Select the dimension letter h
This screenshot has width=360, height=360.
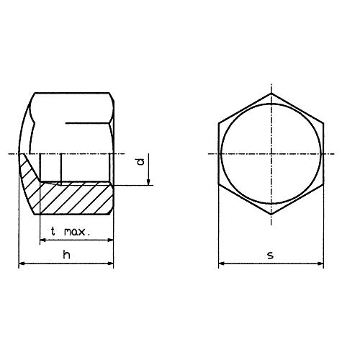point(66,256)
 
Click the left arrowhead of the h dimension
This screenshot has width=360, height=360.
point(22,264)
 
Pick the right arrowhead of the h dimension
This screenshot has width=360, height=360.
point(109,264)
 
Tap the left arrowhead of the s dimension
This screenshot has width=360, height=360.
point(222,264)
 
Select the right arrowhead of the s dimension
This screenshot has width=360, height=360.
point(325,264)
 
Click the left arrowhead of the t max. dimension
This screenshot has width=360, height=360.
point(42,240)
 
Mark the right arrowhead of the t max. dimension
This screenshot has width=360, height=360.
point(109,240)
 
